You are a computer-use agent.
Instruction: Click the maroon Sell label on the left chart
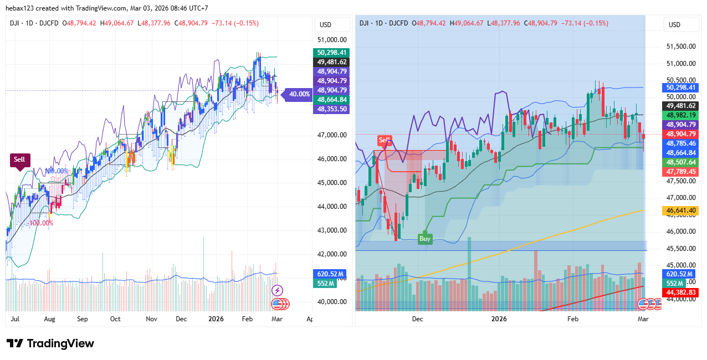[19, 160]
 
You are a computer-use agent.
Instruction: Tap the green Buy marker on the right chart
[424, 239]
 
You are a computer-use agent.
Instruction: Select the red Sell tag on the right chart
[385, 140]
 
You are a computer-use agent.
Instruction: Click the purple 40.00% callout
[300, 94]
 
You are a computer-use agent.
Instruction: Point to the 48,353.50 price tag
[332, 109]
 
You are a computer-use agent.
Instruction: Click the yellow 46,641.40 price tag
[681, 210]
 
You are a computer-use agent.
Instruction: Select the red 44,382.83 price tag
[681, 292]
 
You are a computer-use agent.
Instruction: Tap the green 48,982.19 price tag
[681, 115]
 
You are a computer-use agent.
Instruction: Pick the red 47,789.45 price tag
[681, 172]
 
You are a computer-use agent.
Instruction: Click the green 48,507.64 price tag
[681, 162]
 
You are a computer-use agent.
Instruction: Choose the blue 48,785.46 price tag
[681, 143]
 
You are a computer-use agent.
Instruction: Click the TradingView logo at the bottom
[50, 343]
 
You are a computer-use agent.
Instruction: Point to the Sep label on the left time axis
[83, 319]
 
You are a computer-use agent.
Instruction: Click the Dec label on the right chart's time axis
[417, 319]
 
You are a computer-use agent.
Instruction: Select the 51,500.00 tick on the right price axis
[681, 47]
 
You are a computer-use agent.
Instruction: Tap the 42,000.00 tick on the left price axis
[332, 254]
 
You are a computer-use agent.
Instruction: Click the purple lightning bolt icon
[278, 290]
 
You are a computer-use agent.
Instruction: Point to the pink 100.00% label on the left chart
[41, 223]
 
